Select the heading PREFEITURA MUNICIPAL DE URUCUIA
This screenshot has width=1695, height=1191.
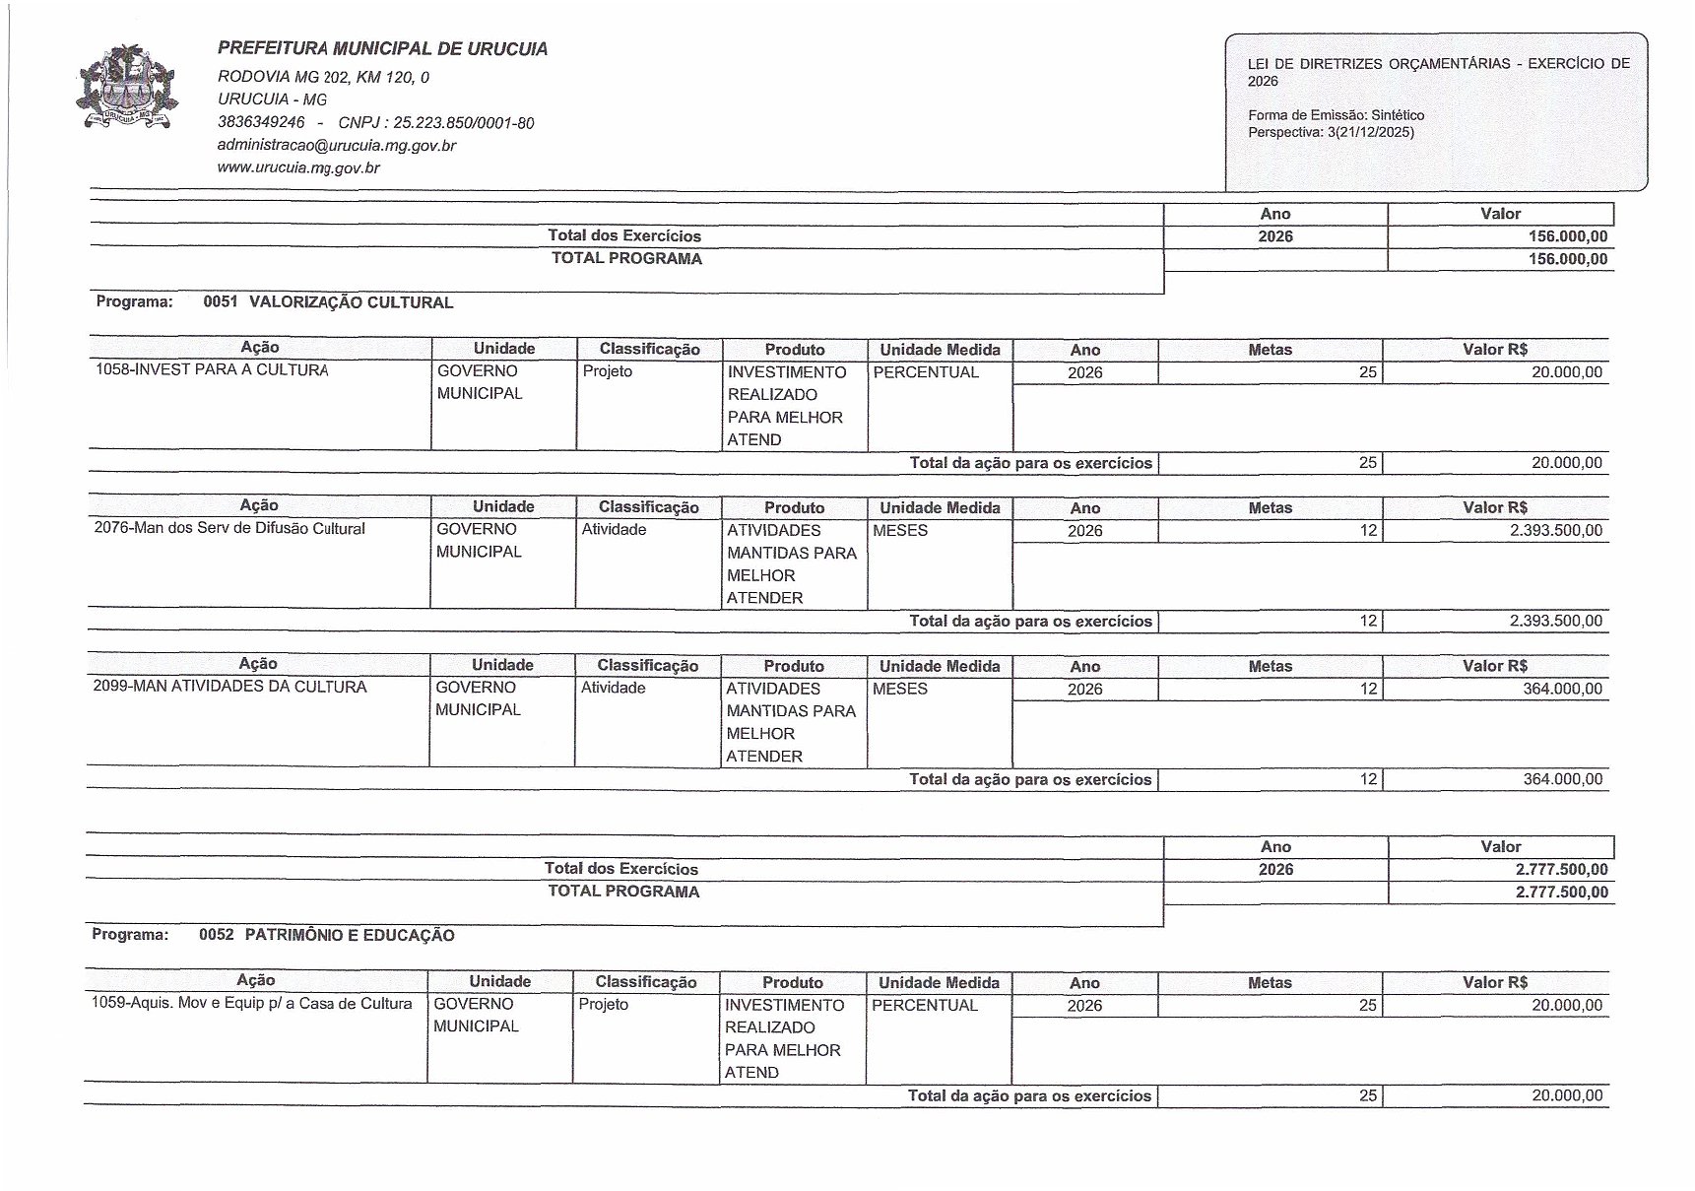382,49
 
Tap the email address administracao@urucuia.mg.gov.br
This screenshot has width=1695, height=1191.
336,146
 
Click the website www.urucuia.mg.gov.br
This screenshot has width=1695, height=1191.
298,167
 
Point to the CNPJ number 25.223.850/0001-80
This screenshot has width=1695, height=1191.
463,123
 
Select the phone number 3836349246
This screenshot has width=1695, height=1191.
261,123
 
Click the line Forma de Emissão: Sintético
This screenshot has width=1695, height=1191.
1336,115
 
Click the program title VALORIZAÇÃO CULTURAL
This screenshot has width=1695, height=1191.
351,302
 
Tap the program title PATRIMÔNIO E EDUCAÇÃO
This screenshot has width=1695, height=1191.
350,935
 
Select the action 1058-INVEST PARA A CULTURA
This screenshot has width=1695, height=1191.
212,370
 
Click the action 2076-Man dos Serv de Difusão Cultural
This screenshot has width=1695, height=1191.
229,529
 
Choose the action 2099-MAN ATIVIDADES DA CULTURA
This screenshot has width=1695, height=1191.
229,687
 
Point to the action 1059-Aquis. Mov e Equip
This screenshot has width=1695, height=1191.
251,1004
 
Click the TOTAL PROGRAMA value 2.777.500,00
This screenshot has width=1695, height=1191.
1561,893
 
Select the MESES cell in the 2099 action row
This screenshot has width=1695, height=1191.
900,689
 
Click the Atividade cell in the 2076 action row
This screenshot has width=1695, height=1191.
614,530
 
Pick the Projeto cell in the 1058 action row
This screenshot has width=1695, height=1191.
608,371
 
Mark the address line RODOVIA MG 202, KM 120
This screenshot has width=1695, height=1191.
323,77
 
